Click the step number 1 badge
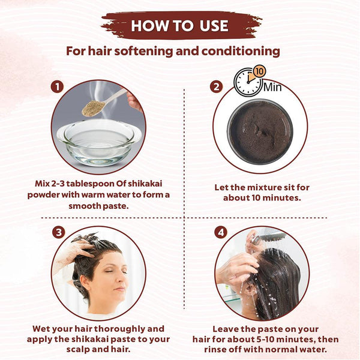(x=57, y=87)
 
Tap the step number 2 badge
(x=216, y=87)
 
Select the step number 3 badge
(x=59, y=232)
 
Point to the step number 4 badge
(x=221, y=232)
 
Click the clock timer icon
(x=247, y=82)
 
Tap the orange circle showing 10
(x=259, y=71)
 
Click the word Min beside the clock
(x=272, y=87)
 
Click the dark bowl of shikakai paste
(x=260, y=132)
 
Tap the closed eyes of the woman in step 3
(x=116, y=272)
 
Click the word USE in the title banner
(x=214, y=25)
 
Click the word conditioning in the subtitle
(x=241, y=52)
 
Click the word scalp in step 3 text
(x=78, y=350)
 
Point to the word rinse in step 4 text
(x=215, y=350)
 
